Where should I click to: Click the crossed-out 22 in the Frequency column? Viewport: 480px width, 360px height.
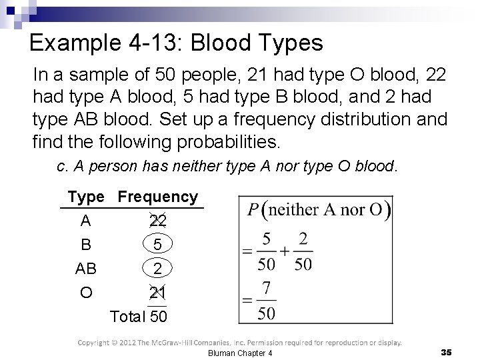click(x=158, y=221)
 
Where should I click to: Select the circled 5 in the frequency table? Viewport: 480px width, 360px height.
click(x=158, y=245)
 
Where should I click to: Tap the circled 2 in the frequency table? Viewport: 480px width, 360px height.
click(x=158, y=269)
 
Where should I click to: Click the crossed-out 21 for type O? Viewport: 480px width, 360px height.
click(x=158, y=293)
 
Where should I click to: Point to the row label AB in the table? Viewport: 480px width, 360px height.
click(x=86, y=269)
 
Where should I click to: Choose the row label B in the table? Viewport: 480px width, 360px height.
click(x=86, y=245)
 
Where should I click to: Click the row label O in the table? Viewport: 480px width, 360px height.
click(x=86, y=293)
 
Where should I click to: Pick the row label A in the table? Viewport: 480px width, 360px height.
click(x=86, y=221)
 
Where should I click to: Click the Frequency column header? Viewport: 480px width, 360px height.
click(x=158, y=197)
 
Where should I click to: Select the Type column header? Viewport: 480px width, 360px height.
click(x=86, y=197)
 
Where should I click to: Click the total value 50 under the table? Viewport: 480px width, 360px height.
click(x=159, y=316)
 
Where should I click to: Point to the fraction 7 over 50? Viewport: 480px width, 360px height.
click(x=266, y=301)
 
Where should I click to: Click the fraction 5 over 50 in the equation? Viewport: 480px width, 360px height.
click(x=266, y=251)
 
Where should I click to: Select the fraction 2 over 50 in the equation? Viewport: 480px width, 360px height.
click(x=303, y=251)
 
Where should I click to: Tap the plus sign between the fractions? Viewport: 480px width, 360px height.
click(x=285, y=251)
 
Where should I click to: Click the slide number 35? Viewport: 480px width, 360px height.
click(x=447, y=351)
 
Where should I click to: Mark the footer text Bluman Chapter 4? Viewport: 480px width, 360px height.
click(x=241, y=352)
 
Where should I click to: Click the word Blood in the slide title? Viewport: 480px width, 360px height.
click(x=225, y=44)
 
